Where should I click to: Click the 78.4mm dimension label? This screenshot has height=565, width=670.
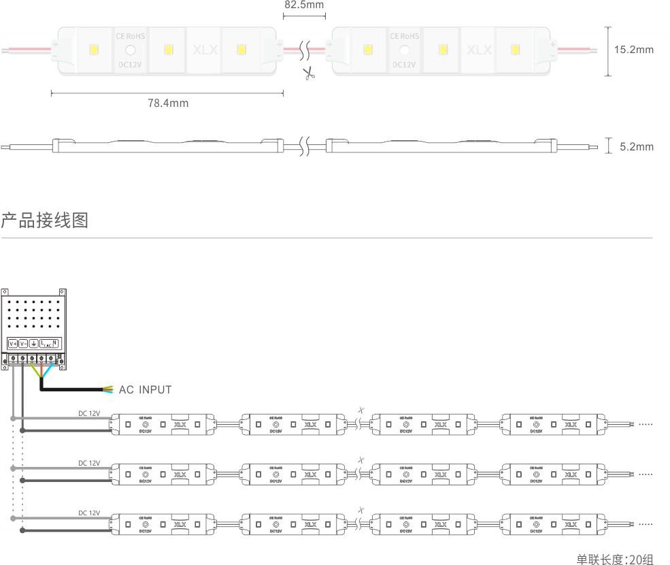[x=168, y=103]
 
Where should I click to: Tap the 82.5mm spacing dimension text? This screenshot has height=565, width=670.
[x=303, y=5]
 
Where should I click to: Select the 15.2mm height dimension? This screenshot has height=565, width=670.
[x=633, y=50]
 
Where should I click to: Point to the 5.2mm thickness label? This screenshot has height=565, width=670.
[x=637, y=146]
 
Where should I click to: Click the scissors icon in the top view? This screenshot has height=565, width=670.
[x=309, y=73]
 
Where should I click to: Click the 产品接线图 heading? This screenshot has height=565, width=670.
[x=45, y=221]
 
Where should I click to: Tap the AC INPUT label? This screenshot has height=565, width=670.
[x=145, y=389]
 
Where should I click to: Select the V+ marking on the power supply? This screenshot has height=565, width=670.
[x=13, y=343]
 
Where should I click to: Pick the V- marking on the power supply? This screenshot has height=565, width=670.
[x=23, y=343]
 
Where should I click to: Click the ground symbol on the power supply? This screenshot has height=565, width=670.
[x=33, y=343]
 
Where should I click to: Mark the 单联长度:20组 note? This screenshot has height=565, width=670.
[x=614, y=559]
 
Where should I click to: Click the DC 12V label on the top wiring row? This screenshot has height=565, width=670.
[x=89, y=413]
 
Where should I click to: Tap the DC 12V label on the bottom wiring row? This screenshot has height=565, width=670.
[x=89, y=513]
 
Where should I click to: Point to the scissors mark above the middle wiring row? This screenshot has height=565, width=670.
[x=361, y=460]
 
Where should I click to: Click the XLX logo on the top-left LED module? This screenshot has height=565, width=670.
[x=205, y=50]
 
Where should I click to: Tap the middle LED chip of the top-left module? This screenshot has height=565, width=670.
[x=168, y=50]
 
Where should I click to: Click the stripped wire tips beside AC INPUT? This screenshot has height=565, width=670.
[x=107, y=389]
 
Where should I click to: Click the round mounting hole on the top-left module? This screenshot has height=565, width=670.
[x=129, y=50]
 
